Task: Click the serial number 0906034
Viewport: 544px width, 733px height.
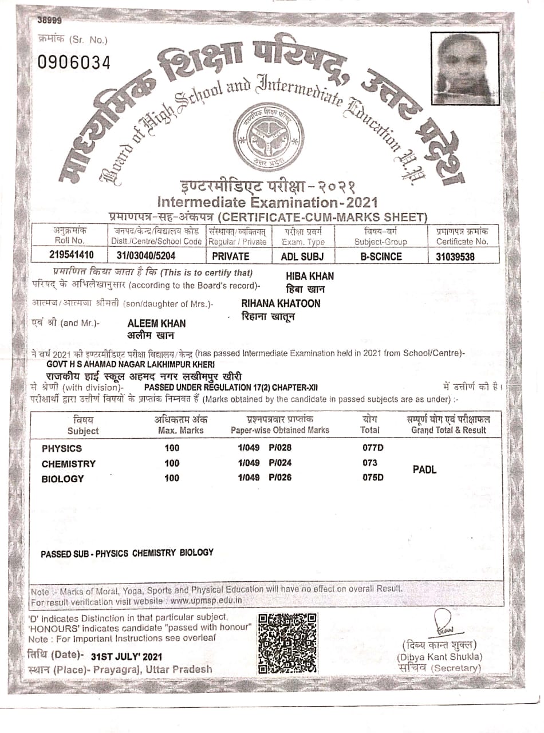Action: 74,62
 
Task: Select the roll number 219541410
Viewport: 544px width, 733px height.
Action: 71,255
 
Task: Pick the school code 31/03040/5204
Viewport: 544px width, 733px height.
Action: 151,256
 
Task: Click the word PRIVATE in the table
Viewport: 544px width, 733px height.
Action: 230,257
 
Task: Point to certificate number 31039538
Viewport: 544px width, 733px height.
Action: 455,257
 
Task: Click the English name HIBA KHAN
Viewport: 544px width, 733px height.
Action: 309,275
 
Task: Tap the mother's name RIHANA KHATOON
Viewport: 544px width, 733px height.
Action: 281,303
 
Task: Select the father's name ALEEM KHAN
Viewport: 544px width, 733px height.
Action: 156,323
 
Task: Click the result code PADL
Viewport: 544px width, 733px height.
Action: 424,470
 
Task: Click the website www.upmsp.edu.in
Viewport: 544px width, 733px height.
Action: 206,601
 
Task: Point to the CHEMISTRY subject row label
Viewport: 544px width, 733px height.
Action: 69,463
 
